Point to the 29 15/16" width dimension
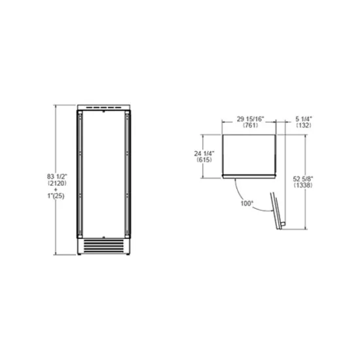(249, 118)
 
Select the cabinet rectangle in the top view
(249, 155)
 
